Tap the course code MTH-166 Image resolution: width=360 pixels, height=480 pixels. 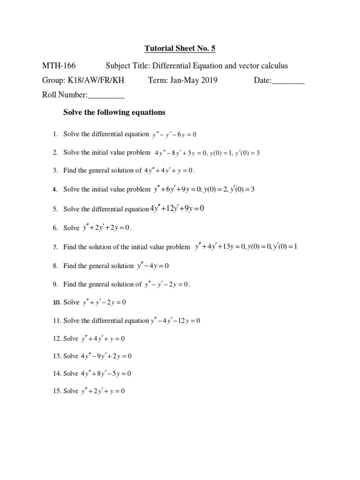pos(59,66)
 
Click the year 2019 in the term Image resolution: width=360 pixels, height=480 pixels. pos(209,80)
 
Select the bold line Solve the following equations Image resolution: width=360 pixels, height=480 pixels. pos(114,112)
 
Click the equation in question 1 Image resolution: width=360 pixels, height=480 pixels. pos(174,135)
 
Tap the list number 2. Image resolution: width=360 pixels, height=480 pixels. pos(55,152)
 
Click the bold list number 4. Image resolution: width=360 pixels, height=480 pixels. pos(55,189)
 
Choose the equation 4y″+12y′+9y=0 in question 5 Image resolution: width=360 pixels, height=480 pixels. pos(177,209)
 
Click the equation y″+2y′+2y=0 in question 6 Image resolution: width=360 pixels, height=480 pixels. pos(107,228)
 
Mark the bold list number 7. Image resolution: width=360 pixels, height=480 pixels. pos(55,247)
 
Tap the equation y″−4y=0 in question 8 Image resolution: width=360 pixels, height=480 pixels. pos(153,266)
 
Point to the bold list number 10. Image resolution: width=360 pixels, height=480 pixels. pos(56,302)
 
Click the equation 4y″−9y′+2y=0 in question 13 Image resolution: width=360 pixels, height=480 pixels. pos(106,356)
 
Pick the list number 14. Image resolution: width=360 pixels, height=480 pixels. pos(56,374)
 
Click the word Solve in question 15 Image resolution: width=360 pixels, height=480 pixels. pos(71,391)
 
